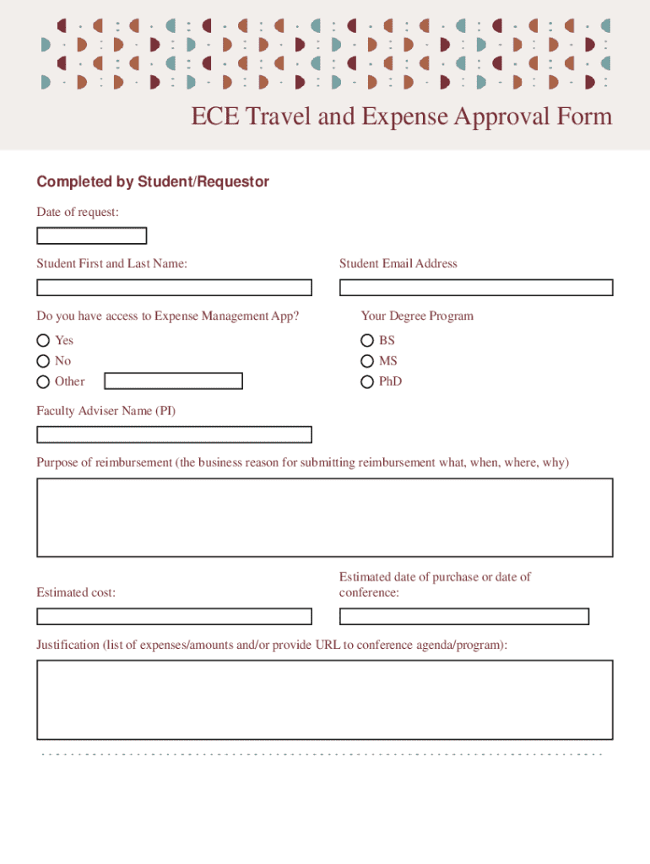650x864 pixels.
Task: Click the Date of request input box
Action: pyautogui.click(x=91, y=236)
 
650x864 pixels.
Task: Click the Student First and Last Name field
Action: pyautogui.click(x=174, y=288)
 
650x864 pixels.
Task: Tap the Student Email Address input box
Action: pyautogui.click(x=476, y=288)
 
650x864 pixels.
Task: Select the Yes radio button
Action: pyautogui.click(x=43, y=340)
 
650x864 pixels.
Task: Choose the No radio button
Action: pyautogui.click(x=43, y=361)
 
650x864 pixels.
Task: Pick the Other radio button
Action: pyautogui.click(x=43, y=381)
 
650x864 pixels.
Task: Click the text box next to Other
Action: pyautogui.click(x=173, y=381)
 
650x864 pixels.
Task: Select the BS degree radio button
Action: pyautogui.click(x=367, y=340)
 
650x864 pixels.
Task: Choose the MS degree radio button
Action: pyautogui.click(x=367, y=361)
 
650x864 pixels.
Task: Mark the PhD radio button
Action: pyautogui.click(x=367, y=381)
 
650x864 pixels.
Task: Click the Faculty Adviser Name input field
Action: pyautogui.click(x=174, y=435)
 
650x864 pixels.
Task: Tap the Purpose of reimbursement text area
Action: pyautogui.click(x=324, y=517)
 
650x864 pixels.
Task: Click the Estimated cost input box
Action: pyautogui.click(x=174, y=617)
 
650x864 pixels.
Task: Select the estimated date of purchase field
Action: pyautogui.click(x=463, y=617)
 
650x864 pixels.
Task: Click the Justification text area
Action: pyautogui.click(x=324, y=699)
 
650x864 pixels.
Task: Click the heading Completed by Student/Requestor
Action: pyautogui.click(x=153, y=181)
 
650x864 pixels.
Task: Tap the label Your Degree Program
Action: pyautogui.click(x=417, y=316)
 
